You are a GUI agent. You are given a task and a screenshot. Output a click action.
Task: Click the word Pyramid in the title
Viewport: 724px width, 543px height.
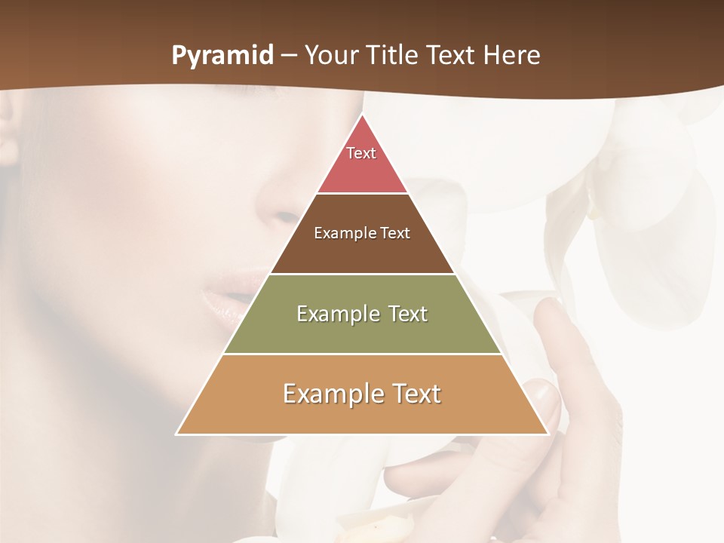pyautogui.click(x=222, y=56)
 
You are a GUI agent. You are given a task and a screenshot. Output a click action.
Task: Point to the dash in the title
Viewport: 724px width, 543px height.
pyautogui.click(x=289, y=57)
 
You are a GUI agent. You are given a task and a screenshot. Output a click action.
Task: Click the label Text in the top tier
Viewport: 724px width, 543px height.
pyautogui.click(x=361, y=153)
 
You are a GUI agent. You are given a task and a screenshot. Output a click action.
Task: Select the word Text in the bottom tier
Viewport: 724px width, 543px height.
pyautogui.click(x=414, y=394)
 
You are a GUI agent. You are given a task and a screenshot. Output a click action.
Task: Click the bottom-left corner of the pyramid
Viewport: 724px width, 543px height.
pyautogui.click(x=177, y=434)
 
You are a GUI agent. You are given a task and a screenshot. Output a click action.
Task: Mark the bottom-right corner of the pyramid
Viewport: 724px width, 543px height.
pyautogui.click(x=548, y=434)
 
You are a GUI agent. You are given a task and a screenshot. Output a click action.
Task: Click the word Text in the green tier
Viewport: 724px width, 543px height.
pyautogui.click(x=403, y=314)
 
